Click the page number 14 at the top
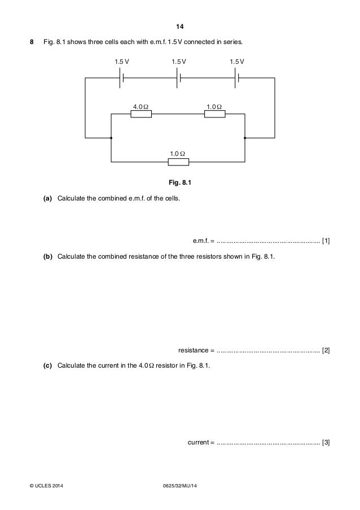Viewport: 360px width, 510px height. [x=180, y=27]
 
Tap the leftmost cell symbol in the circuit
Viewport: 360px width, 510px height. [x=121, y=79]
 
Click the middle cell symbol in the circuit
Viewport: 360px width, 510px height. [x=179, y=79]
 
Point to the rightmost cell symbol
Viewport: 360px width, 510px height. [x=237, y=79]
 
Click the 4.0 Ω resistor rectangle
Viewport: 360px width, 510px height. [x=141, y=114]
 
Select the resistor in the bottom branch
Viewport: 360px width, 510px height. [x=178, y=162]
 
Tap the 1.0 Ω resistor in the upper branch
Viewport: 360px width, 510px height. [x=214, y=114]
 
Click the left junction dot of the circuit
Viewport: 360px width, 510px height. [x=112, y=137]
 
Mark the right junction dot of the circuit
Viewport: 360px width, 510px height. [x=245, y=137]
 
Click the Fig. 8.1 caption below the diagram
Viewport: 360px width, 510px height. [x=180, y=182]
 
